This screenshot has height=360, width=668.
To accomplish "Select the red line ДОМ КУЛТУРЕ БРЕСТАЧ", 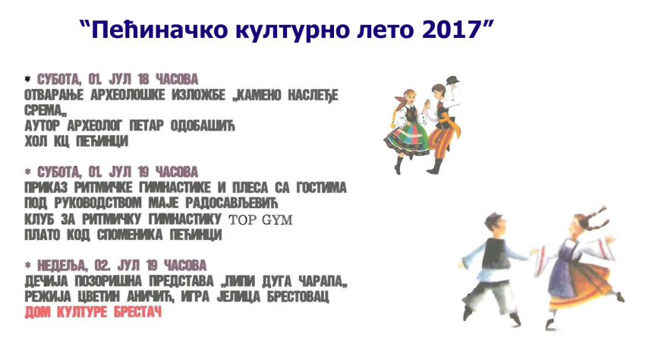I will click(94, 312).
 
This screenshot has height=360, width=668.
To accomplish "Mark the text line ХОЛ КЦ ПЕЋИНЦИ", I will click(77, 141).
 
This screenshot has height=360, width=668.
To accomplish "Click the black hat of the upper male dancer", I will click(452, 80).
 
